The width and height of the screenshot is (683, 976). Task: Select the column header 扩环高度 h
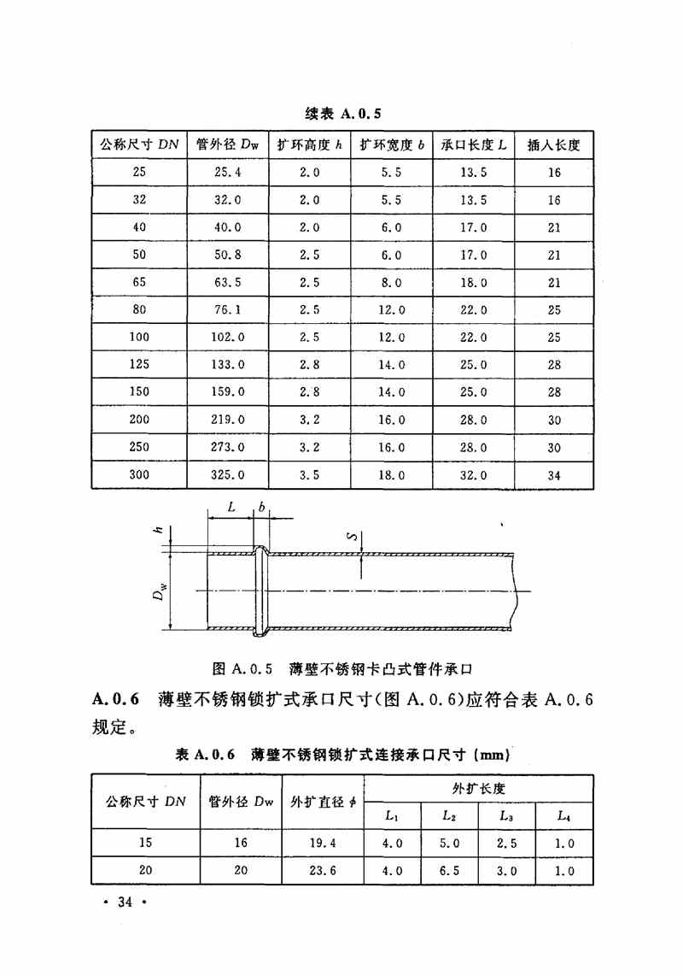coord(308,144)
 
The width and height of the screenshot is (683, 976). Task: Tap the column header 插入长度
coord(553,144)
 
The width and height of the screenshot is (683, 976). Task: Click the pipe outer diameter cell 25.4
coord(226,173)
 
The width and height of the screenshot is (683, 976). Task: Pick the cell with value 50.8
coord(226,255)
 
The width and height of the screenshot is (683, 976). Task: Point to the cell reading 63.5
coord(226,283)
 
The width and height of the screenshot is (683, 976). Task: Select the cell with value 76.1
coord(226,310)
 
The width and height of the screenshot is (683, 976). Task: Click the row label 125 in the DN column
coord(139,365)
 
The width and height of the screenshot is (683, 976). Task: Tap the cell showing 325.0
coord(227,475)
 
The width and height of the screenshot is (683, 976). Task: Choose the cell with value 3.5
coord(309,475)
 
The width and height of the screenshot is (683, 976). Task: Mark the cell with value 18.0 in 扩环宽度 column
coord(391,475)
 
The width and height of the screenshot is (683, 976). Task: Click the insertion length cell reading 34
coord(554,475)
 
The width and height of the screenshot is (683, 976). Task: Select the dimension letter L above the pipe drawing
coord(231,507)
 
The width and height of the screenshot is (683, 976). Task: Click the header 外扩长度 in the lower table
coord(478,787)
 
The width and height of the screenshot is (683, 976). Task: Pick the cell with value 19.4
coord(324,843)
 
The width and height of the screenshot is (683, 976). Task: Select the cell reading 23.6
coord(324,871)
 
